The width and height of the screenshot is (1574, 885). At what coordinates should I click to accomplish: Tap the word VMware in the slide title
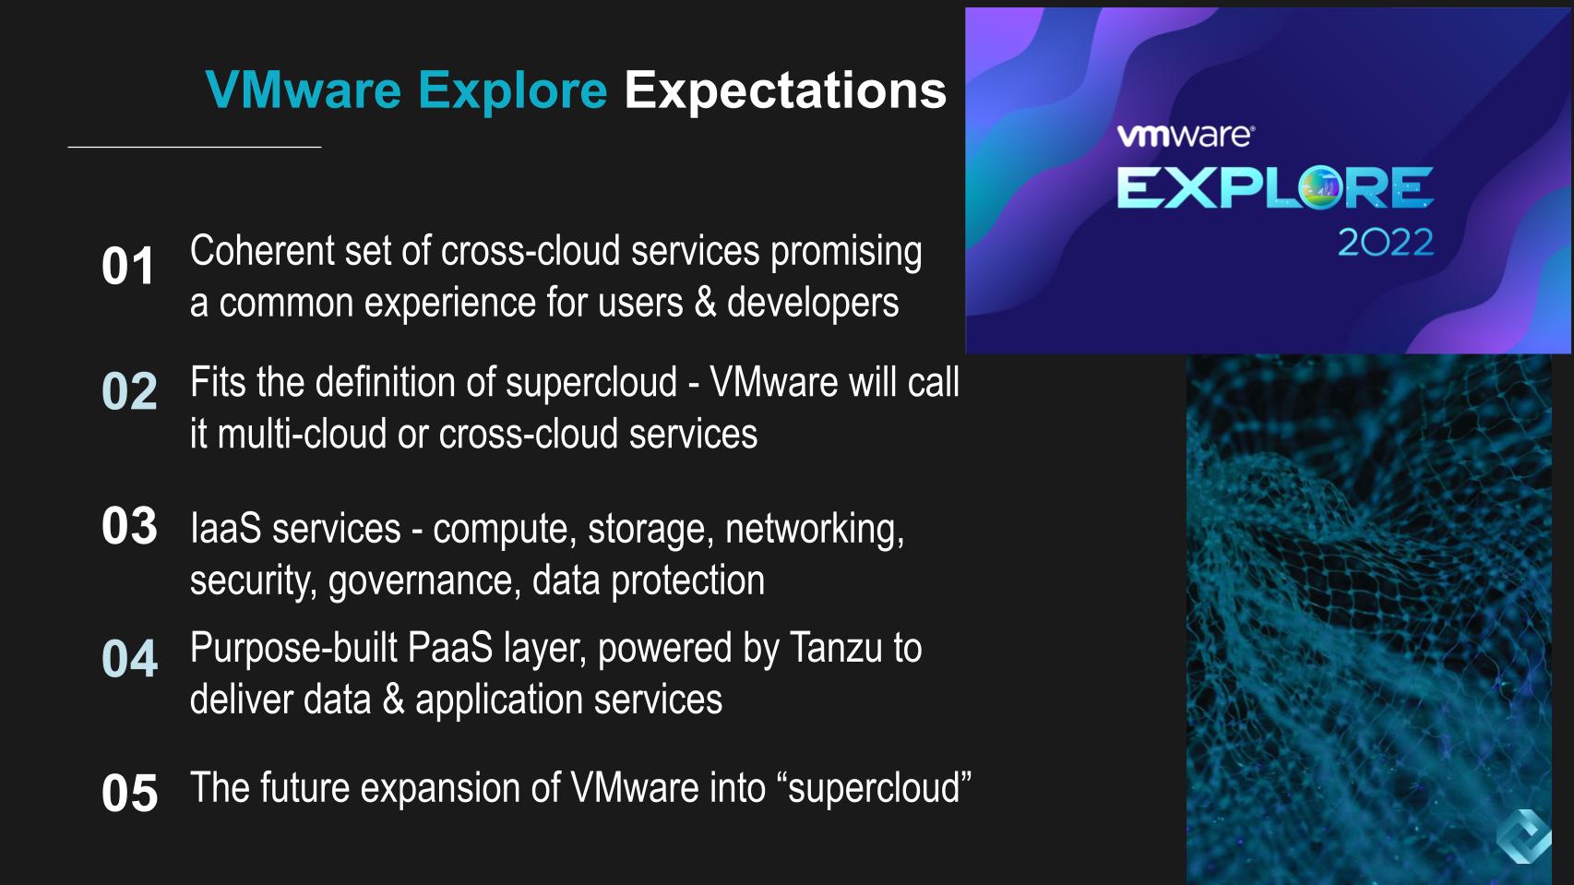(x=303, y=90)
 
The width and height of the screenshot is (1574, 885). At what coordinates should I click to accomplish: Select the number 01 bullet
(x=128, y=267)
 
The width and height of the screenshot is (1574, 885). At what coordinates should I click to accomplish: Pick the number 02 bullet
(x=129, y=391)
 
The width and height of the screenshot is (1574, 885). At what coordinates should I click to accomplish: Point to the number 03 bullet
(x=129, y=526)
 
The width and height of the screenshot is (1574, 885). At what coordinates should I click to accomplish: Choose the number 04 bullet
(x=129, y=659)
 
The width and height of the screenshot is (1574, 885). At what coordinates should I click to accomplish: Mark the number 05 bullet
(x=129, y=793)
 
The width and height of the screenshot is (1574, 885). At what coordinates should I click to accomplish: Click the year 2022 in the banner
(x=1385, y=243)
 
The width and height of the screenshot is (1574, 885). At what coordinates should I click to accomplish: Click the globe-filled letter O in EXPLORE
(x=1320, y=187)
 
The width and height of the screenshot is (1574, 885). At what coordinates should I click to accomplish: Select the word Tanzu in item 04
(x=836, y=648)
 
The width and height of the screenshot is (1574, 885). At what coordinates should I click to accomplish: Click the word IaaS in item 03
(x=225, y=529)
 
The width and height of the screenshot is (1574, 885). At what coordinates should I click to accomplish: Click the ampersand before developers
(x=705, y=303)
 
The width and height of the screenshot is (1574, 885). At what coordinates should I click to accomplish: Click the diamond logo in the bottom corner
(x=1522, y=836)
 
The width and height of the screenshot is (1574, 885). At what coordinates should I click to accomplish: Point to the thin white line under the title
(x=195, y=147)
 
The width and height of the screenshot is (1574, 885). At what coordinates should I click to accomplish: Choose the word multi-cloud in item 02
(x=302, y=434)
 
